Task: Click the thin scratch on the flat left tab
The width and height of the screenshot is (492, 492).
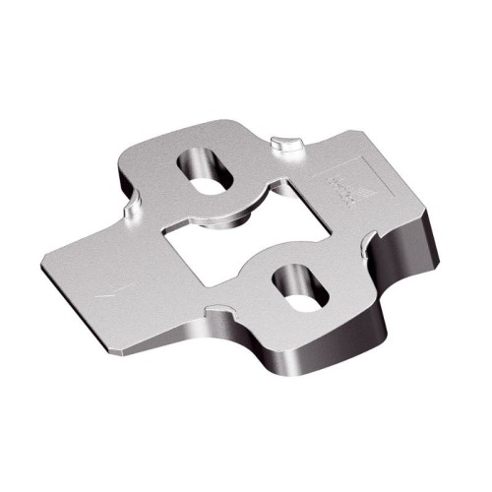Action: [110, 289]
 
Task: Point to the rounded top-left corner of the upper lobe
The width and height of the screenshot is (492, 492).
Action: [128, 157]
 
